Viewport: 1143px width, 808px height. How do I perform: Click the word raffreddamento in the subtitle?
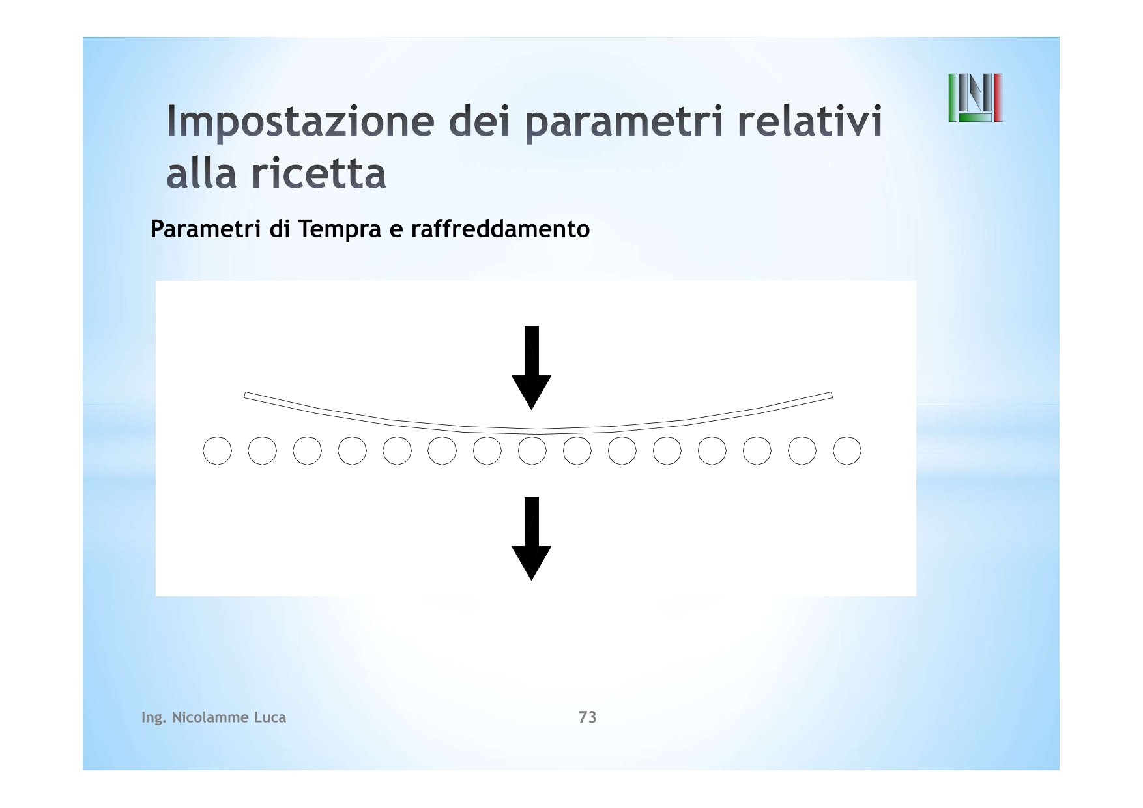500,229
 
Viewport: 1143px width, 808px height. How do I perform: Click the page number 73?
587,717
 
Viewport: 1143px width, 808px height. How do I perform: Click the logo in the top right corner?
975,98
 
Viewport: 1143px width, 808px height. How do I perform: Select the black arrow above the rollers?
532,368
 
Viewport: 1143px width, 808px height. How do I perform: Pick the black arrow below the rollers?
532,539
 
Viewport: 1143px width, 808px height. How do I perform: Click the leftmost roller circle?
217,451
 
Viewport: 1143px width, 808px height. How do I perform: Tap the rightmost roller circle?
847,451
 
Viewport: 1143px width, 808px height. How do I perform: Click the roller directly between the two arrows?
532,451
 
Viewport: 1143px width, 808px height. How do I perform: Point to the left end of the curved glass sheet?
245,395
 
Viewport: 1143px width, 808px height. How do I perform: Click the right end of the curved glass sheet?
831,395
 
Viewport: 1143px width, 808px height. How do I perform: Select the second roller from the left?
262,451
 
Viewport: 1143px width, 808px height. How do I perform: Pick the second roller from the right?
802,451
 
